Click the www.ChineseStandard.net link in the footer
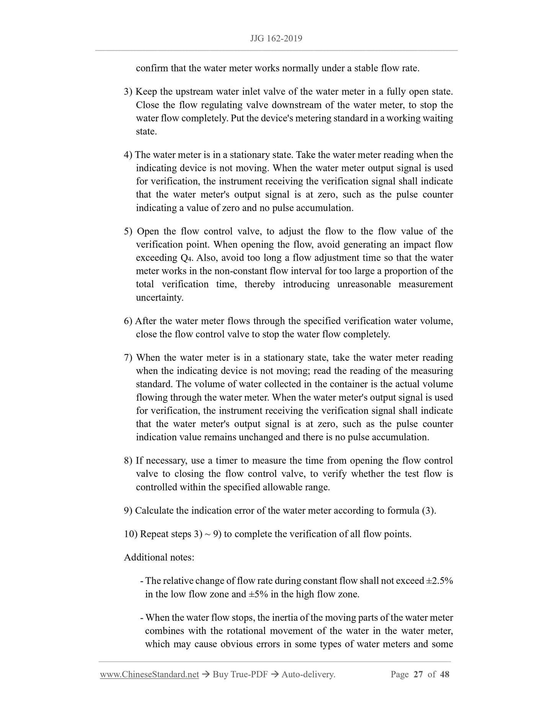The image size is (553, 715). click(x=149, y=674)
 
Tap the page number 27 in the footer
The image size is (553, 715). click(x=418, y=674)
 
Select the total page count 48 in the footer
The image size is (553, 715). click(x=445, y=674)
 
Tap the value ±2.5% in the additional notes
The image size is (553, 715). click(x=439, y=581)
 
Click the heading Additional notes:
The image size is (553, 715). click(x=159, y=557)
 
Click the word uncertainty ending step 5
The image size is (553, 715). click(x=160, y=297)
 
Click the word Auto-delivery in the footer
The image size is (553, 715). click(x=308, y=674)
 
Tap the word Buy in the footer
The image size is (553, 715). click(x=220, y=674)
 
